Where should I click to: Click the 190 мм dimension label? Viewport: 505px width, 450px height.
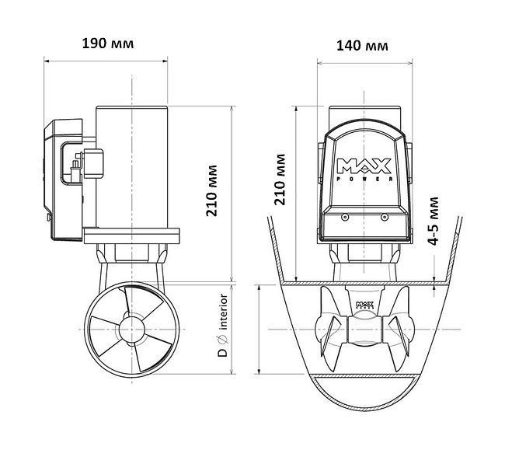pos(108,44)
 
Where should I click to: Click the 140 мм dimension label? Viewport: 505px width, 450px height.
pos(362,46)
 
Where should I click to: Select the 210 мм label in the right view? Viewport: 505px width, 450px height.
pos(281,180)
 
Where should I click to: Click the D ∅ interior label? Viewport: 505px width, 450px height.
pos(222,325)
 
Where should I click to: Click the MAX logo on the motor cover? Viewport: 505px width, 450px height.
pos(364,165)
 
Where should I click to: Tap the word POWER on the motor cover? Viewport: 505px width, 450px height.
pos(364,180)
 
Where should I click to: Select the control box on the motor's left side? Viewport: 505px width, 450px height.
pos(65,178)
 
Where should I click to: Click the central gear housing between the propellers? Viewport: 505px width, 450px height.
pos(363,330)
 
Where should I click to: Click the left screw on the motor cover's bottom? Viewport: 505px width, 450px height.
pos(342,220)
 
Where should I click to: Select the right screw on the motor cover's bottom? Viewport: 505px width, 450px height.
pos(384,220)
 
